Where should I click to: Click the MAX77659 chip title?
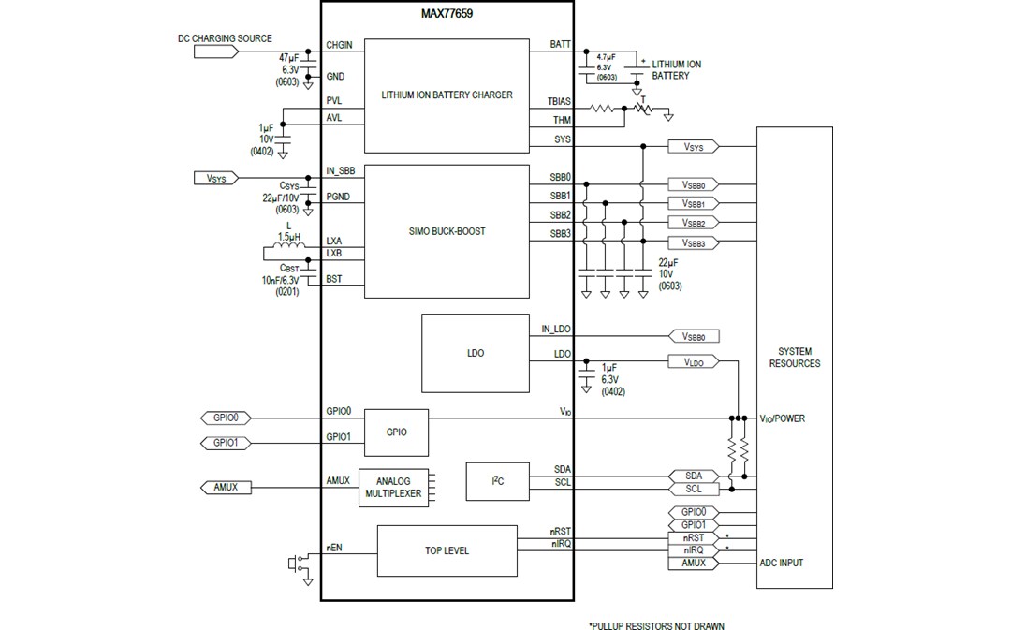coord(446,14)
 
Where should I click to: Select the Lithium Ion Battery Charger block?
coord(447,95)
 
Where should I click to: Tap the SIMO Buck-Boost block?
coord(447,231)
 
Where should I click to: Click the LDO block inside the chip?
coord(474,353)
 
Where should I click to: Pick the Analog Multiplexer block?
coord(391,487)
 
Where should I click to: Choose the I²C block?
coord(496,481)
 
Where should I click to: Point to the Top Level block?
coord(447,550)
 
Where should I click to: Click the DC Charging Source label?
coord(225,39)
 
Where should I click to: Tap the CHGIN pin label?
coord(338,45)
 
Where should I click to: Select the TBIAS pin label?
coord(559,100)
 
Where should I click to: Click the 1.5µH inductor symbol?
coord(286,250)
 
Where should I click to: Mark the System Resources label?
coord(794,358)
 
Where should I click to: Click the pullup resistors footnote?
coord(655,625)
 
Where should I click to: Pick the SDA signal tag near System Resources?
coord(694,476)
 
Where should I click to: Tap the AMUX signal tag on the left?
coord(225,487)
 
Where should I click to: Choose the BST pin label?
coord(333,279)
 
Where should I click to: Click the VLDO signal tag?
coord(693,361)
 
